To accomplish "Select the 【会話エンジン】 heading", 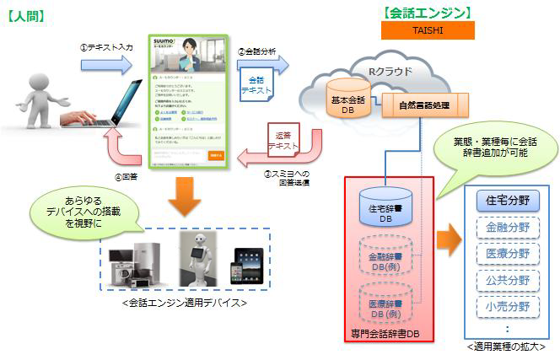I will (427, 13).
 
